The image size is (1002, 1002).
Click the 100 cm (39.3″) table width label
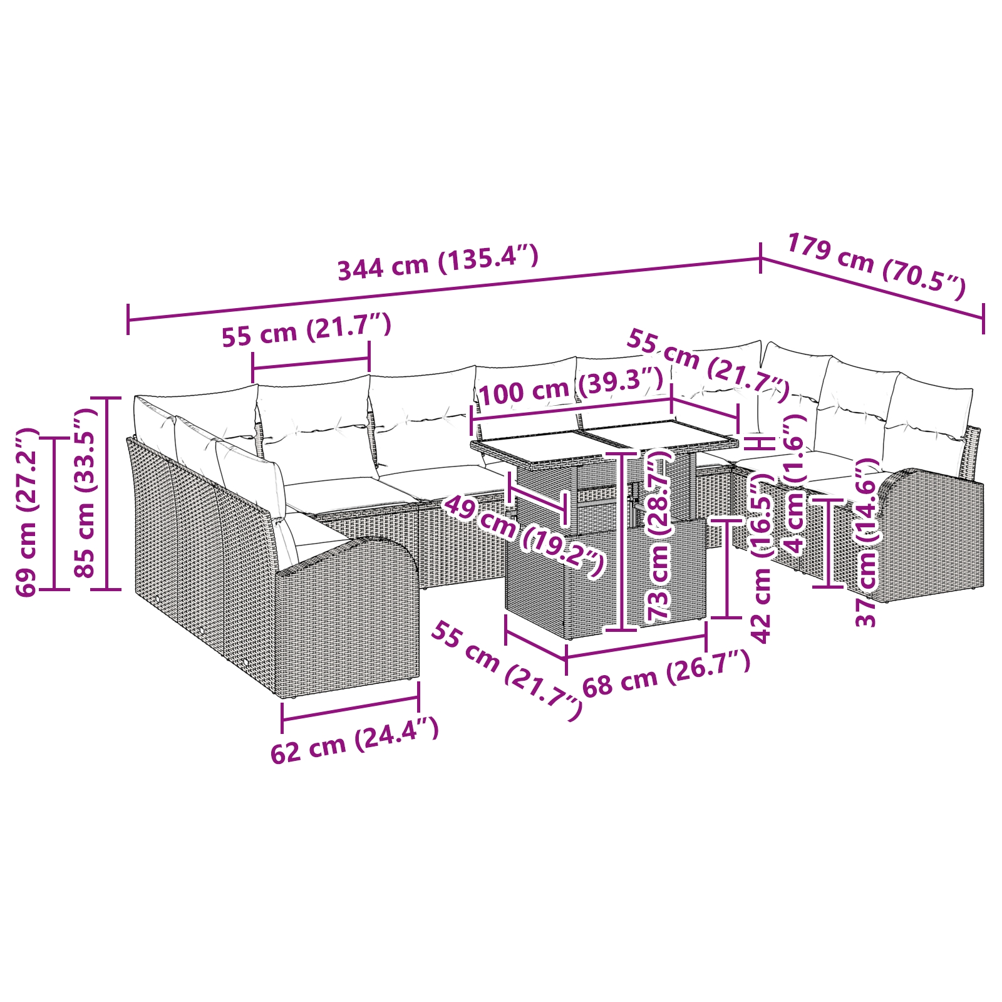point(570,386)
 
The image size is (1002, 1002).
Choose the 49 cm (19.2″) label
point(524,535)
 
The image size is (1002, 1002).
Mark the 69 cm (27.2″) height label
point(28,512)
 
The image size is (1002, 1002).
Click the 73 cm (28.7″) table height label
point(659,535)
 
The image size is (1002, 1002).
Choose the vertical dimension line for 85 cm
point(108,493)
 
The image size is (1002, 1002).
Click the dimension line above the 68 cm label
point(636,646)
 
